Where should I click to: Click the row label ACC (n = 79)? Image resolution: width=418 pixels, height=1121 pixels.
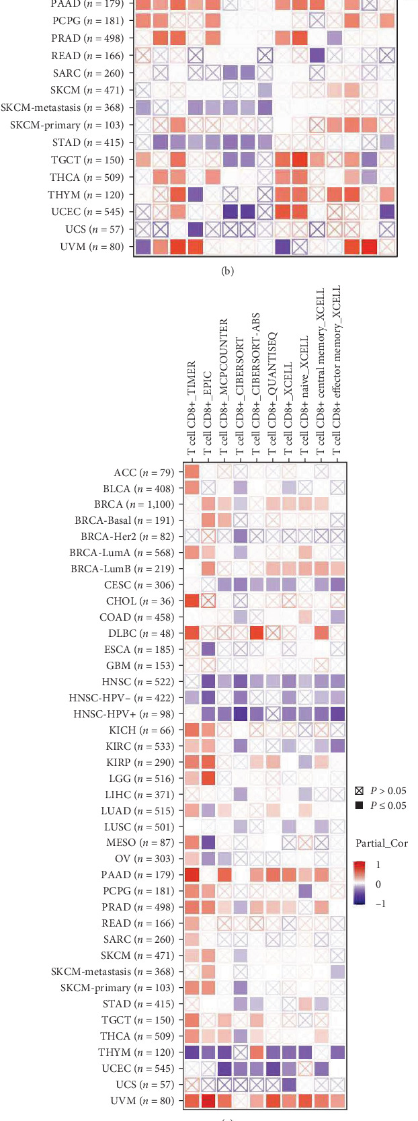click(143, 473)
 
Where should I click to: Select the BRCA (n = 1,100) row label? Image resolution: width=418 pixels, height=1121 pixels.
click(134, 504)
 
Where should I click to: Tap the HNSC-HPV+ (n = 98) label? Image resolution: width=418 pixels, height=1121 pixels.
click(123, 713)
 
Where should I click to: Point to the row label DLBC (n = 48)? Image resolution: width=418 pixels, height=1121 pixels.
click(140, 633)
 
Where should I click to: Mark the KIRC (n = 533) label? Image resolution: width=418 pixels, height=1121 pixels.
click(139, 746)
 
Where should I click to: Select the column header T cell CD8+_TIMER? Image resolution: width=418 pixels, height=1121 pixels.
click(192, 408)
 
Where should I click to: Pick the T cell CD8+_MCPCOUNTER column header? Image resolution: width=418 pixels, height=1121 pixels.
click(224, 387)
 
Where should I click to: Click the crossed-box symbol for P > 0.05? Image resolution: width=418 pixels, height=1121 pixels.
click(359, 791)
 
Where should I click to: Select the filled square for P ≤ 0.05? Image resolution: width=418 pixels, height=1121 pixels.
click(359, 806)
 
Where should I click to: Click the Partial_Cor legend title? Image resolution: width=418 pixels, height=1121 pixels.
click(381, 843)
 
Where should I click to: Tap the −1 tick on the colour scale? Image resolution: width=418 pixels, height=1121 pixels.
click(380, 904)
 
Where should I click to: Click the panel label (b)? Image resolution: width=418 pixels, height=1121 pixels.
click(227, 271)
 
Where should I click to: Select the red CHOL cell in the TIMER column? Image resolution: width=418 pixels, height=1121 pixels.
click(192, 601)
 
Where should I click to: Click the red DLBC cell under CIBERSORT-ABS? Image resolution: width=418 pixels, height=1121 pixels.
click(256, 633)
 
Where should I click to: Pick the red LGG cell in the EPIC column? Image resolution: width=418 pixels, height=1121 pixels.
click(208, 778)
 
